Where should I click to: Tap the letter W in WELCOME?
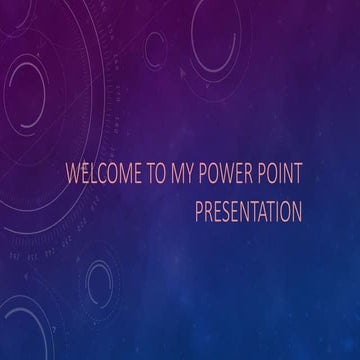point(71,180)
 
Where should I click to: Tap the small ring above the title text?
point(155,45)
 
